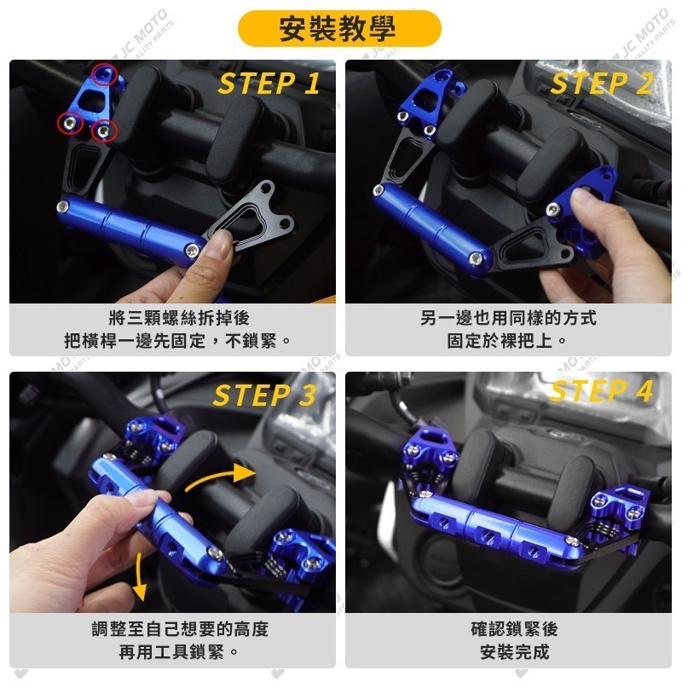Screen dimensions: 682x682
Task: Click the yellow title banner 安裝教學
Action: pyautogui.click(x=339, y=29)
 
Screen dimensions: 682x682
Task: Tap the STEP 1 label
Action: pyautogui.click(x=269, y=83)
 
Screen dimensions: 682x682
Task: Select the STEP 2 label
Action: pyautogui.click(x=602, y=83)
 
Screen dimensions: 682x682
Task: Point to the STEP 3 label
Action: pyautogui.click(x=264, y=395)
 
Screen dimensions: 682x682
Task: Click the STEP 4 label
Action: pyautogui.click(x=602, y=390)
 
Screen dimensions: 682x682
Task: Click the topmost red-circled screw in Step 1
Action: pyautogui.click(x=104, y=74)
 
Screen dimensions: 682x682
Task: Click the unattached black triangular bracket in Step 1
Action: pyautogui.click(x=251, y=217)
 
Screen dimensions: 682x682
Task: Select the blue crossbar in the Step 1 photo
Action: pyautogui.click(x=130, y=229)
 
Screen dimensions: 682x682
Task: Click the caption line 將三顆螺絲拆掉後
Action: pyautogui.click(x=179, y=318)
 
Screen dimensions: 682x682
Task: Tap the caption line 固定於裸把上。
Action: pyautogui.click(x=508, y=340)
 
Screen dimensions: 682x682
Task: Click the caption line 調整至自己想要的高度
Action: pyautogui.click(x=180, y=629)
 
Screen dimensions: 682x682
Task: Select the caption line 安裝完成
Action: pyautogui.click(x=515, y=652)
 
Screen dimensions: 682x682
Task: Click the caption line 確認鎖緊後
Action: pyautogui.click(x=515, y=629)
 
